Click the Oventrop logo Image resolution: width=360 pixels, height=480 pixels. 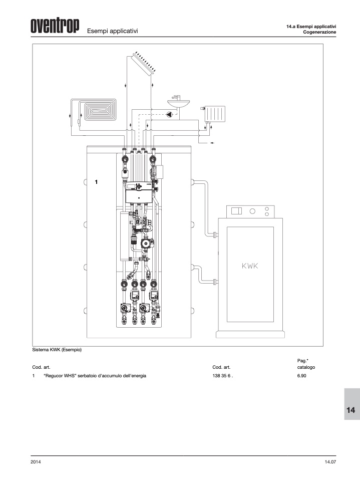[55, 26]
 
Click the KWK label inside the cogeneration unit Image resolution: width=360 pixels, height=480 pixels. [250, 266]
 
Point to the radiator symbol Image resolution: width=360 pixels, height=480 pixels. [215, 114]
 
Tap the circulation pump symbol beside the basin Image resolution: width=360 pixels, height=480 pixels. [170, 115]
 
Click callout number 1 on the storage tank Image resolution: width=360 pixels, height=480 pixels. [96, 182]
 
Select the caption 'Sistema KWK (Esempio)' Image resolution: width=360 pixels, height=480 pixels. [57, 350]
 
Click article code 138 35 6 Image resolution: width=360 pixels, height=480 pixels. [223, 376]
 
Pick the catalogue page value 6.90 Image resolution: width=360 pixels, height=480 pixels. [301, 376]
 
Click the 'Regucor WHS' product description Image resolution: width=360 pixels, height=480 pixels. [95, 376]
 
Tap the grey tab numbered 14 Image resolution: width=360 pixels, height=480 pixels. [352, 404]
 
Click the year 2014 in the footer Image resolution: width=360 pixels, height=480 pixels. [36, 462]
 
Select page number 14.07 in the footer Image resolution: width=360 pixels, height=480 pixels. [330, 462]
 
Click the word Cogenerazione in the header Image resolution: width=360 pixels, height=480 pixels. [319, 32]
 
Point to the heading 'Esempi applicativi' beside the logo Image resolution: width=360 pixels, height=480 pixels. [113, 31]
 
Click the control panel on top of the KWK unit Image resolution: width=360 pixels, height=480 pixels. [250, 211]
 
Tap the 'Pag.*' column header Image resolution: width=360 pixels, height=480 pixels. [302, 361]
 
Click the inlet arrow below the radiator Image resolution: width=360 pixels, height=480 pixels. [211, 143]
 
